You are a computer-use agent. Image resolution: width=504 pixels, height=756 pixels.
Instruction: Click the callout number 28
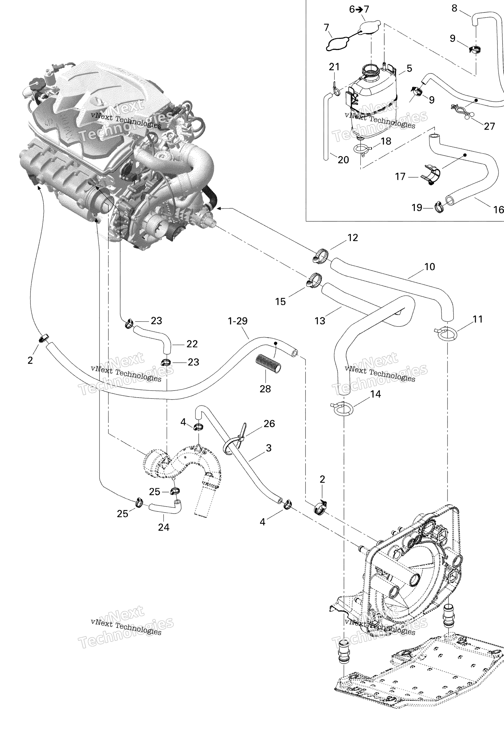[265, 389]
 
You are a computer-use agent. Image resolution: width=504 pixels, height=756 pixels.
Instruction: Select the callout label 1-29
[237, 321]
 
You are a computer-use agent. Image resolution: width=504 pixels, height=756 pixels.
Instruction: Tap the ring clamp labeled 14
[343, 409]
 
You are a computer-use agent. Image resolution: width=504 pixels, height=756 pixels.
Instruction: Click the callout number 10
[429, 267]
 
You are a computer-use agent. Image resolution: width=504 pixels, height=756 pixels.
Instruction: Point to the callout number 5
[409, 68]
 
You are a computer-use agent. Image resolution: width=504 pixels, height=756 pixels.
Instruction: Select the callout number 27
[489, 126]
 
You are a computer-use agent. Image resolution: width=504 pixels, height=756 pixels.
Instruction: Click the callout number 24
[164, 527]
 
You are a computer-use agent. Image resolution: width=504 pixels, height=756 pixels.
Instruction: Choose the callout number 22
[192, 344]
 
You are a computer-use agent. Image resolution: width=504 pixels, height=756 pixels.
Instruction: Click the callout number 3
[269, 448]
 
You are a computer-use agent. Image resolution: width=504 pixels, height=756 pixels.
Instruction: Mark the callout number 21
[334, 67]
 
